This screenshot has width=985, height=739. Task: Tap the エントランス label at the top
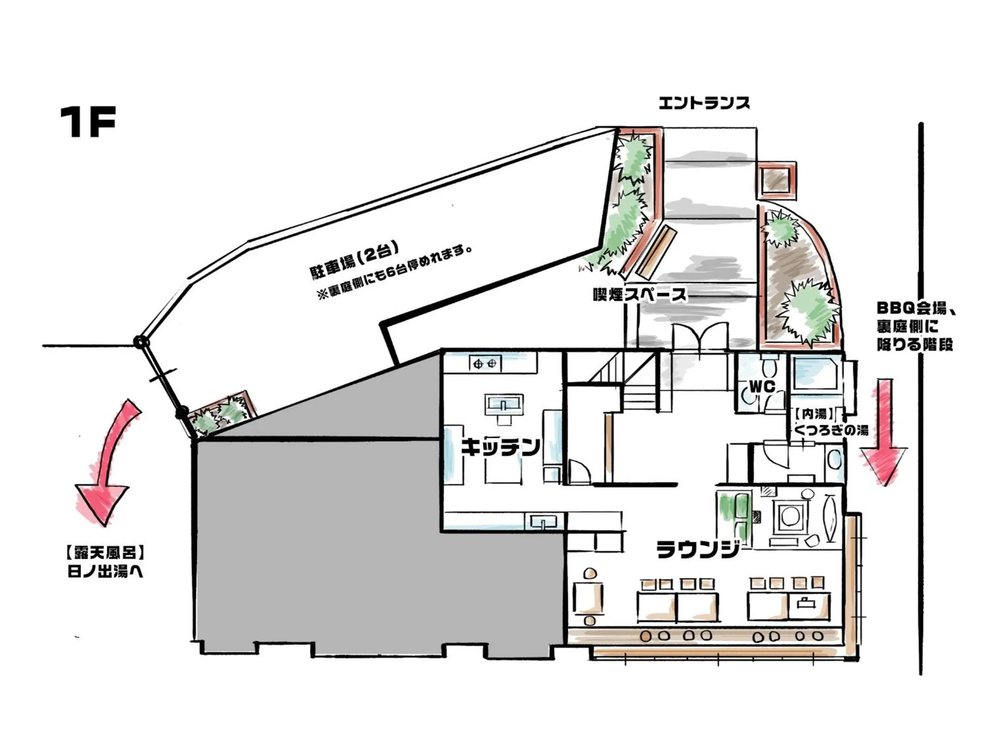704,103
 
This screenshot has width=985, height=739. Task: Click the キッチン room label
500,447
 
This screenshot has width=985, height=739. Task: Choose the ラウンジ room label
698,549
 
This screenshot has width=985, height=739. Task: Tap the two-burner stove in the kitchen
485,364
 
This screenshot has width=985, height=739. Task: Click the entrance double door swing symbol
700,337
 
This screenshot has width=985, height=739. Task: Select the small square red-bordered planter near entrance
777,180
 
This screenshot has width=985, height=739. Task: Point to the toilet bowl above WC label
768,368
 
